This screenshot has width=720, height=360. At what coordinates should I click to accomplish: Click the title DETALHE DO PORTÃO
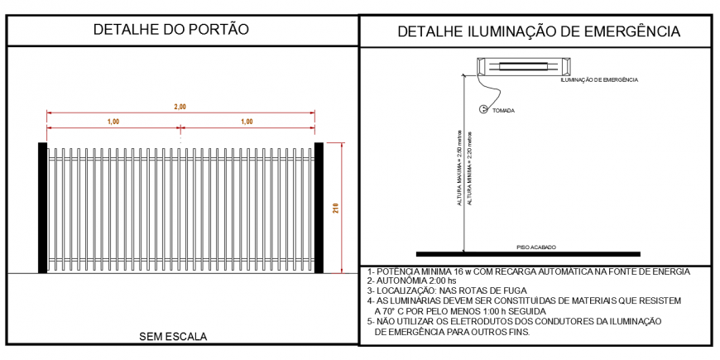pyautogui.click(x=171, y=30)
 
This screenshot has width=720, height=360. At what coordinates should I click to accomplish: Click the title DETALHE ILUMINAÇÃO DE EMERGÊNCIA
pyautogui.click(x=539, y=32)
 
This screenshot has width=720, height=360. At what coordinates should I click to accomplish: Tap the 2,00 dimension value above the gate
pyautogui.click(x=180, y=106)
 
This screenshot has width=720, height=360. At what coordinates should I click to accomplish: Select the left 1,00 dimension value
pyautogui.click(x=113, y=122)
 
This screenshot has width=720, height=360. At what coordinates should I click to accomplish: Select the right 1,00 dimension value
pyautogui.click(x=247, y=122)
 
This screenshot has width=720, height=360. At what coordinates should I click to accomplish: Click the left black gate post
pyautogui.click(x=42, y=208)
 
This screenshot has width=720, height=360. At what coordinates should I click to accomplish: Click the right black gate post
pyautogui.click(x=319, y=208)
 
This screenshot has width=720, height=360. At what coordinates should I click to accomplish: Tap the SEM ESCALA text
pyautogui.click(x=173, y=336)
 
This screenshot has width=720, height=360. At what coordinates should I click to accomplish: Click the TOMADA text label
pyautogui.click(x=505, y=110)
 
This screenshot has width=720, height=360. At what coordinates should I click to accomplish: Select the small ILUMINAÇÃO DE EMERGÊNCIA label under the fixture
pyautogui.click(x=599, y=79)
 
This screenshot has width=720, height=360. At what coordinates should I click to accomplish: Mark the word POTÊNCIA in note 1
pyautogui.click(x=402, y=271)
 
